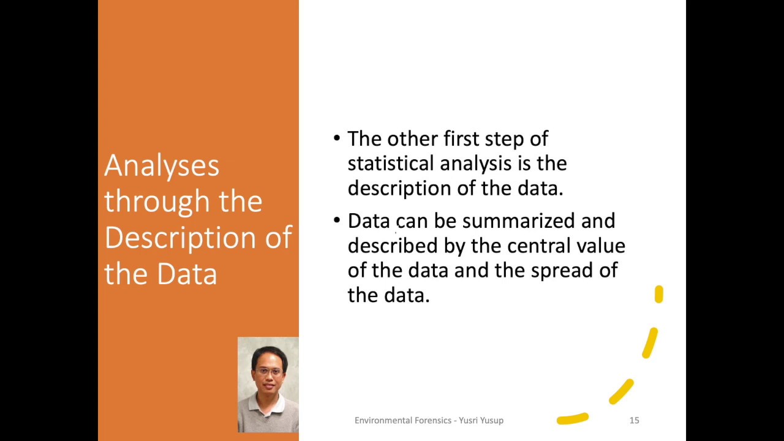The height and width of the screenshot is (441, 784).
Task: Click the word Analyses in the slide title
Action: click(x=162, y=166)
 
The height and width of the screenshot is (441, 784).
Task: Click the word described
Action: click(x=393, y=246)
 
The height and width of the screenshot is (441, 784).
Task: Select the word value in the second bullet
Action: click(x=601, y=246)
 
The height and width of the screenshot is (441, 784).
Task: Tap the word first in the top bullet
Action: click(x=461, y=139)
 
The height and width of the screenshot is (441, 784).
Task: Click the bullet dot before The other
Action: click(x=337, y=138)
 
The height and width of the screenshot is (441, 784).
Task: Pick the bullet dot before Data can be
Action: click(x=337, y=221)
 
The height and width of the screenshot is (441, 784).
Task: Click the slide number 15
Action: click(x=634, y=420)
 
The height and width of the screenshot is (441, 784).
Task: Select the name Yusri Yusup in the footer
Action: click(x=481, y=420)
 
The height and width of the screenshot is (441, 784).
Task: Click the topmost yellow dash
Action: click(x=658, y=295)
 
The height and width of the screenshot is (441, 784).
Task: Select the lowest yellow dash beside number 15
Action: click(x=572, y=419)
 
